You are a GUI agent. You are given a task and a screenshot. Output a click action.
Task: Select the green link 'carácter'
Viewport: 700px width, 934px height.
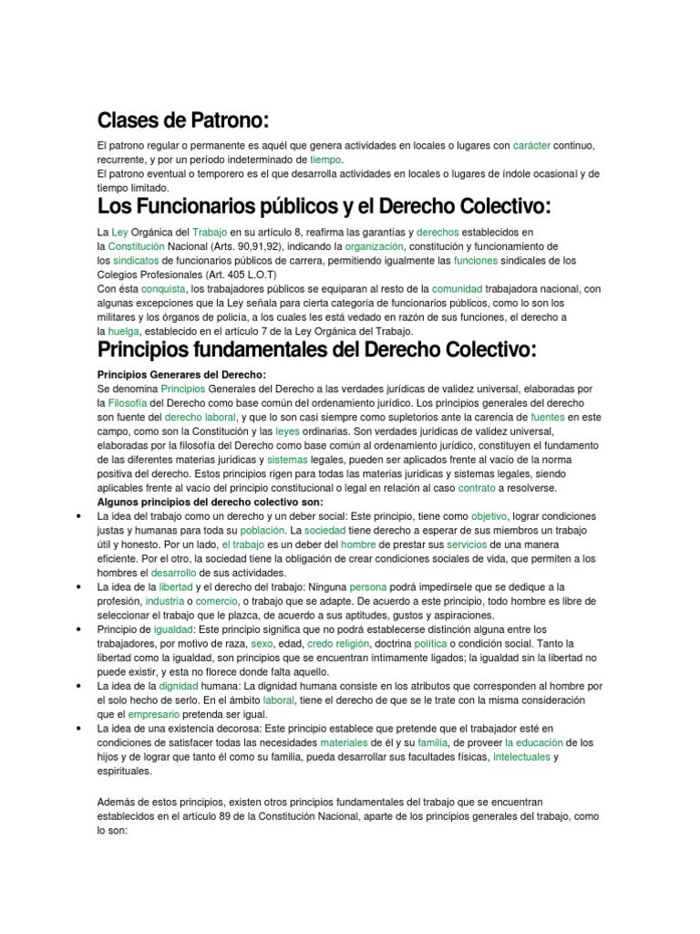point(531,146)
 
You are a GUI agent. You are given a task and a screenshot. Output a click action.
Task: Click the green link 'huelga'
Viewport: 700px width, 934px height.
point(124,330)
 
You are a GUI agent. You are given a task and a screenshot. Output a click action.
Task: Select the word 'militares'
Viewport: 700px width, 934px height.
point(119,317)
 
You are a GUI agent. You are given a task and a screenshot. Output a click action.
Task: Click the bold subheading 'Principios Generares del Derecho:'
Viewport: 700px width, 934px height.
point(181,375)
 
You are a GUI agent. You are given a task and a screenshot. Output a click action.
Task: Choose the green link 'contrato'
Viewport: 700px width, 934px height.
point(477,488)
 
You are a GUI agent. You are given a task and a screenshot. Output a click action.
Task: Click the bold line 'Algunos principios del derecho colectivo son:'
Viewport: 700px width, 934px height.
point(210,502)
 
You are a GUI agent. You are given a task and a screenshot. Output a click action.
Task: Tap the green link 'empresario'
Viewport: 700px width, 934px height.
point(154,713)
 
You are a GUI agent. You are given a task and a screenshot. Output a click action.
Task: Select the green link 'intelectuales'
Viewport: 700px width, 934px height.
point(522,756)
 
